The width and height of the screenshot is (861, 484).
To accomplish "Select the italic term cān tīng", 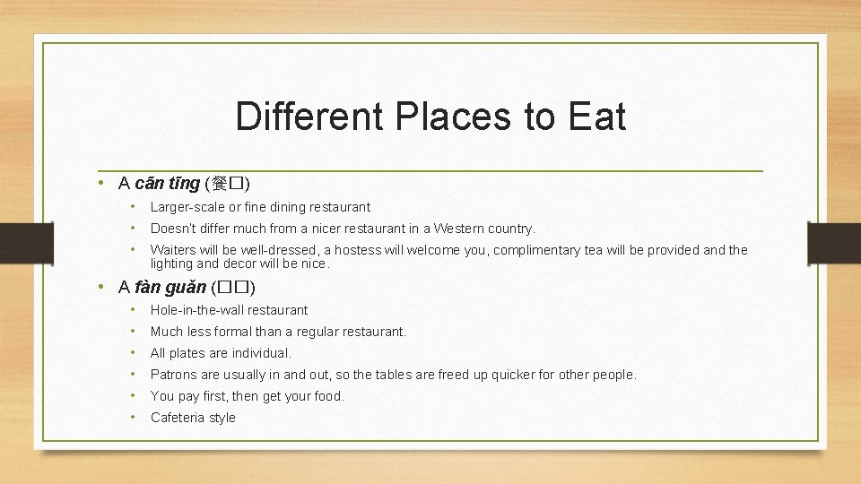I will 168,184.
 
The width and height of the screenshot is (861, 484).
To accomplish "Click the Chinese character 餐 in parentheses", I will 221,185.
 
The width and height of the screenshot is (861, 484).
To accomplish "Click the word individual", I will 261,353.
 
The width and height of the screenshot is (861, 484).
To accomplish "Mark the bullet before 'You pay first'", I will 132,396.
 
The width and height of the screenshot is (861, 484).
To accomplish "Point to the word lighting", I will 172,264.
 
